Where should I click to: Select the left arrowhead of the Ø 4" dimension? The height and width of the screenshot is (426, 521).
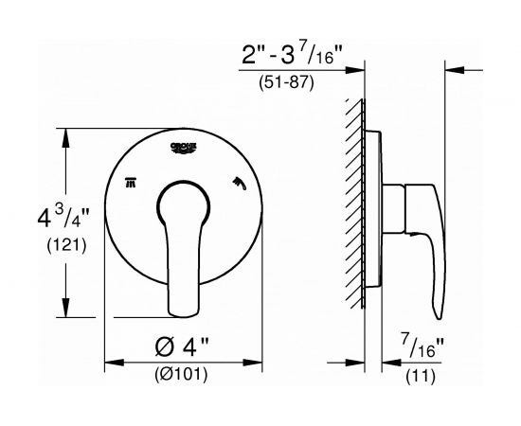[x=109, y=361]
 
